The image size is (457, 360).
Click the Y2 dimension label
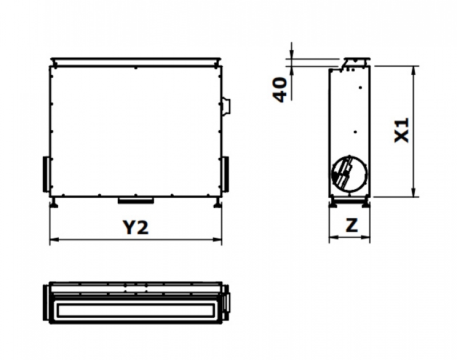[135, 227]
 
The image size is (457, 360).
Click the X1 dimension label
[402, 130]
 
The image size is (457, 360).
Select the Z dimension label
[352, 225]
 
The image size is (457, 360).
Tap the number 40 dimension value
[279, 90]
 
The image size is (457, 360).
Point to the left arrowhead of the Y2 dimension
[54, 239]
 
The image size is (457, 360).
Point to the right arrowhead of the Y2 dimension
[218, 239]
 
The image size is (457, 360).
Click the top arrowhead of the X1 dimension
[413, 71]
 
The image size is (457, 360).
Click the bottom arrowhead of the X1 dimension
[413, 192]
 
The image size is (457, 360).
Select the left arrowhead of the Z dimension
[334, 237]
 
